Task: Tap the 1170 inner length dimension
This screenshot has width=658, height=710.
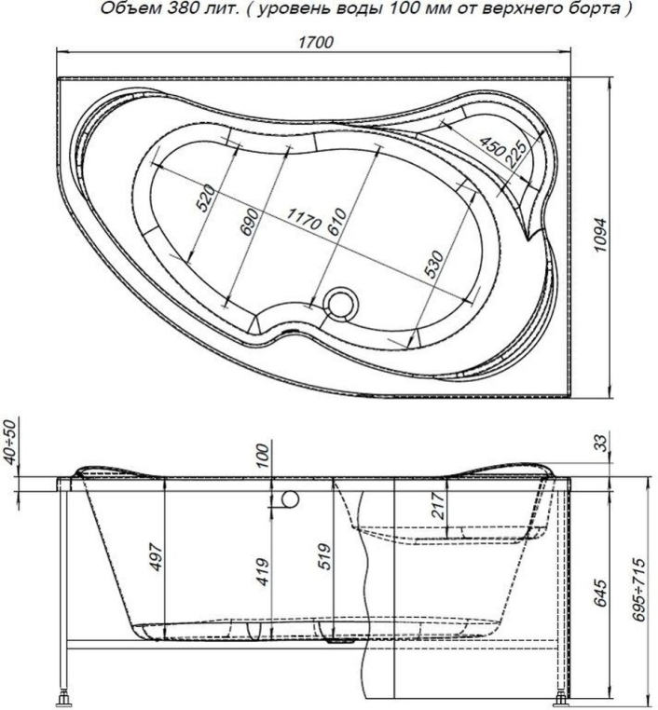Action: (304, 219)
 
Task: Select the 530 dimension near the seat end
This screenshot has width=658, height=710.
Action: (432, 264)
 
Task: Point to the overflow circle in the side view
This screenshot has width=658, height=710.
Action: (286, 499)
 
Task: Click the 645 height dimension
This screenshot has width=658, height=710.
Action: (603, 591)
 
